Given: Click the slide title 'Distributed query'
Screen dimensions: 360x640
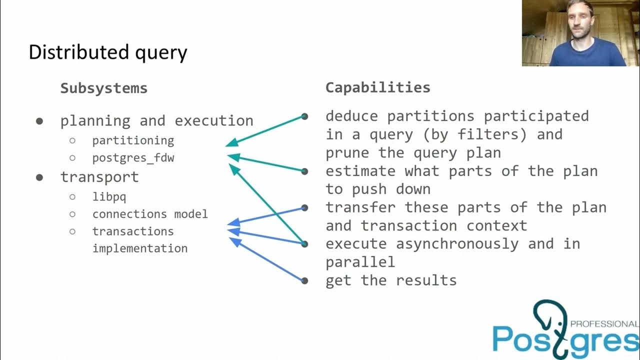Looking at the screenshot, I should pyautogui.click(x=108, y=52).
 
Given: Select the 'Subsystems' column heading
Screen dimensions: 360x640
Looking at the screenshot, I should pyautogui.click(x=104, y=88).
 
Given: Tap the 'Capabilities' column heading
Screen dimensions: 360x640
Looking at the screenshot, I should pyautogui.click(x=378, y=87).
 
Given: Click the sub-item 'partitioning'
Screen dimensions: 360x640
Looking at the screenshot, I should pyautogui.click(x=133, y=140).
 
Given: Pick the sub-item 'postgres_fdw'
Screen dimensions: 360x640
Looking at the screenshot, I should pyautogui.click(x=133, y=158).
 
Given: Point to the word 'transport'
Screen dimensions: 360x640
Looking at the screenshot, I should pyautogui.click(x=99, y=177).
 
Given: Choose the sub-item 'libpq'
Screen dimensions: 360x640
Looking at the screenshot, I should pyautogui.click(x=109, y=196).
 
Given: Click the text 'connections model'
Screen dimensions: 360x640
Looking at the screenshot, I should pyautogui.click(x=150, y=214).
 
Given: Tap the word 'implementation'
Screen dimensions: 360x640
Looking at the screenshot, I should pyautogui.click(x=140, y=248).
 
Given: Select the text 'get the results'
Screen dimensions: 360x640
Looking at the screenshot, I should pyautogui.click(x=391, y=280).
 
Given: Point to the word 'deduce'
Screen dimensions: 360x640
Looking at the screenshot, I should pyautogui.click(x=351, y=116).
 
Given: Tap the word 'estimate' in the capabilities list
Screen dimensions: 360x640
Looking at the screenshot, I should pyautogui.click(x=360, y=171).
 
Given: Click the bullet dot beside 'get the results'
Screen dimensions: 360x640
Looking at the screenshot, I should pyautogui.click(x=304, y=280).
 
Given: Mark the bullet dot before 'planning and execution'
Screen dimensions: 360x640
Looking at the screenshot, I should pyautogui.click(x=39, y=121).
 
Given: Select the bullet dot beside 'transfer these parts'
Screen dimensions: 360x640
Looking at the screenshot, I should pyautogui.click(x=304, y=208).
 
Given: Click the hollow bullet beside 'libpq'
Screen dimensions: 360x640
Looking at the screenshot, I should pyautogui.click(x=72, y=196).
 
